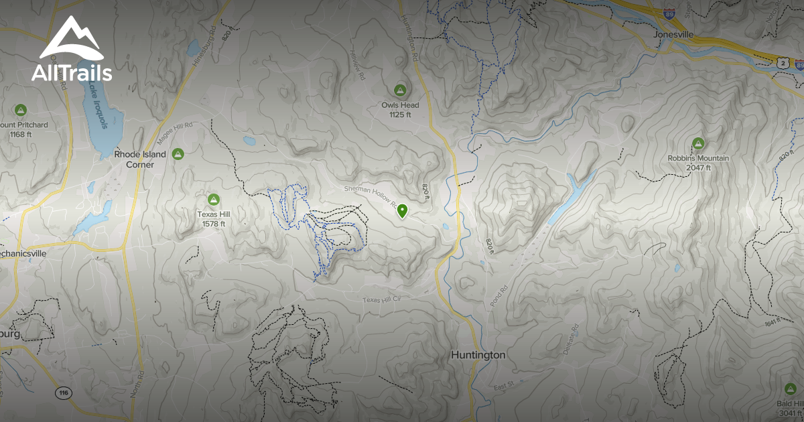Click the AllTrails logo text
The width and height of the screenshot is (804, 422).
tap(72, 73)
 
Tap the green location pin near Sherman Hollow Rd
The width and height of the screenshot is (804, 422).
tap(402, 212)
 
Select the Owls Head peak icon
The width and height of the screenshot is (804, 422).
tap(400, 90)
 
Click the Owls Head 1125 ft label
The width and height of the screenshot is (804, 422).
tap(400, 110)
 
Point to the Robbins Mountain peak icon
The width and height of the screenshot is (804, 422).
tap(698, 143)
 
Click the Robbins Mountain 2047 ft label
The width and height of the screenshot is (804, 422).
tap(697, 163)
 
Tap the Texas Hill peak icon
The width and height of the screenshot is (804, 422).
tap(214, 199)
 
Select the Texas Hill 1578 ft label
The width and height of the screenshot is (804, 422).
tap(214, 219)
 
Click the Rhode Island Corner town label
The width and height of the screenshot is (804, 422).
tap(134, 159)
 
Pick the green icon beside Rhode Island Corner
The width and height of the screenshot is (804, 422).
tap(178, 154)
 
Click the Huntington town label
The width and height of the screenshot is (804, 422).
tap(478, 355)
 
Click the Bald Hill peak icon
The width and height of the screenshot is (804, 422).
tap(789, 389)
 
